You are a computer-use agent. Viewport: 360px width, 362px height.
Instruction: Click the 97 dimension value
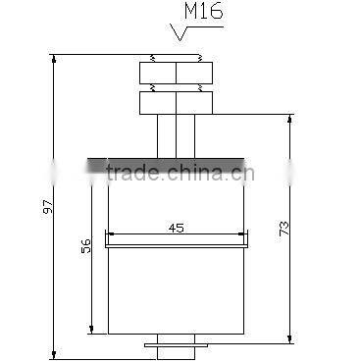[x=48, y=208]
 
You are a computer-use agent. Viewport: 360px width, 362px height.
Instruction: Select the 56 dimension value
[x=85, y=245]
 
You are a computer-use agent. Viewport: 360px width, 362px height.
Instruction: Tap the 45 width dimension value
[x=177, y=228]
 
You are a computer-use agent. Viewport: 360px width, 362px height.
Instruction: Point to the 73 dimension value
[x=283, y=229]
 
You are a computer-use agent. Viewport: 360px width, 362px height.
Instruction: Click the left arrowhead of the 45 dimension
[x=111, y=235]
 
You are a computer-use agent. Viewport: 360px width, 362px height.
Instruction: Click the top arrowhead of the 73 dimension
[x=290, y=121]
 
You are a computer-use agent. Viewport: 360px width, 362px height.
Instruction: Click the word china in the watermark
[x=197, y=174]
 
